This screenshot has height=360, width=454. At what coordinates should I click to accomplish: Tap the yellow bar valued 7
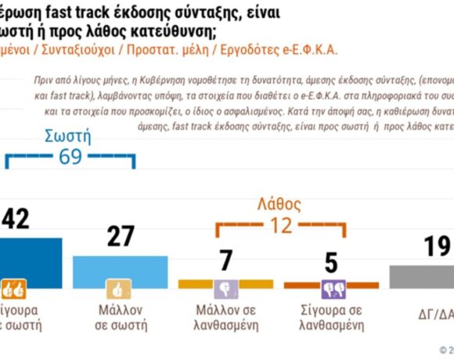pyautogui.click(x=225, y=283)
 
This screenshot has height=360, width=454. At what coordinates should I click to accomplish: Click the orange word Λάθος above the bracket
pyautogui.click(x=279, y=205)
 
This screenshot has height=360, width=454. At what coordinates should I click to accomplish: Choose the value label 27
pyautogui.click(x=121, y=237)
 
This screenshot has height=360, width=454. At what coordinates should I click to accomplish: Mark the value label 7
pyautogui.click(x=225, y=261)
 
